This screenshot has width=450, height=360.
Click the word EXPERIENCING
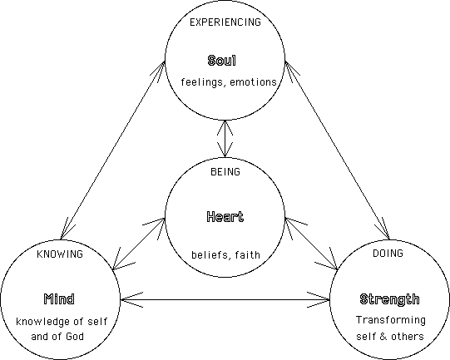(x=225, y=22)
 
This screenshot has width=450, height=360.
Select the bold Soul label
(x=222, y=61)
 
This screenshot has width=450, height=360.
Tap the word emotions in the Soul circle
(x=253, y=82)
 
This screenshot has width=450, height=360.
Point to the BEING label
(x=225, y=171)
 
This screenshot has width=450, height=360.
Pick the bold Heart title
(x=225, y=216)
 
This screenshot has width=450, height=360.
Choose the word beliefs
(x=210, y=254)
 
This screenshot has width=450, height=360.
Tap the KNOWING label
(x=60, y=254)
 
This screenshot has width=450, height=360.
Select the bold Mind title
(x=59, y=299)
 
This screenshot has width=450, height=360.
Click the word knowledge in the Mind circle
(x=43, y=322)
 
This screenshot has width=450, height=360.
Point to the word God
(x=75, y=336)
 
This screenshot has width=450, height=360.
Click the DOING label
(x=388, y=253)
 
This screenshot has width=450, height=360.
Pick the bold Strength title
(x=389, y=299)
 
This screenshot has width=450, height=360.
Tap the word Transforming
(x=391, y=320)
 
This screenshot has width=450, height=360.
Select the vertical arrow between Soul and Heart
(x=225, y=139)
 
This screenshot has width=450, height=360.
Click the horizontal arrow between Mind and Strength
(x=225, y=300)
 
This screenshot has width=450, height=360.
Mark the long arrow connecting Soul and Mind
(x=113, y=150)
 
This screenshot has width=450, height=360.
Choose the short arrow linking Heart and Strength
(x=312, y=244)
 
